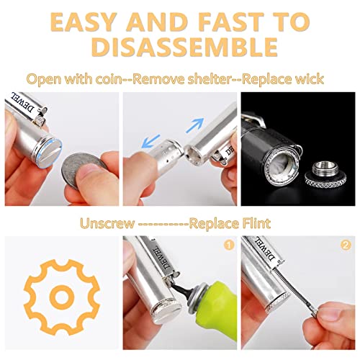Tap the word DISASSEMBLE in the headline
coord(179,48)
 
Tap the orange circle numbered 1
coord(230,246)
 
